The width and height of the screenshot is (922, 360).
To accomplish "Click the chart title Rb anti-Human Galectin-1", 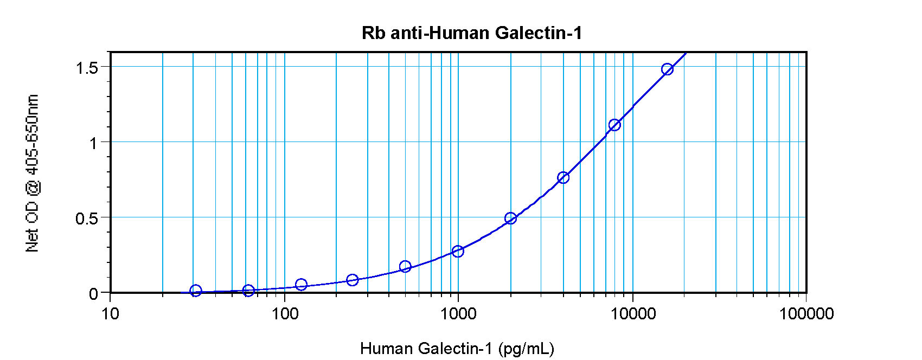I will [471, 33].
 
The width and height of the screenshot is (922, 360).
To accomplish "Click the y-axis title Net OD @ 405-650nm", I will [33, 173].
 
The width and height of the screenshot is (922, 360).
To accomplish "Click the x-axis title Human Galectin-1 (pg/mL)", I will [457, 348].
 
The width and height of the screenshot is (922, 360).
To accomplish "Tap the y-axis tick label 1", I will [93, 143].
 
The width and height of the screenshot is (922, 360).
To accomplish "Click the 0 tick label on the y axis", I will [93, 294].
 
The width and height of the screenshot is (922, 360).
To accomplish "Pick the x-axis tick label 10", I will [110, 313].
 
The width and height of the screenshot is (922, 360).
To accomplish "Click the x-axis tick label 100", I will [284, 313].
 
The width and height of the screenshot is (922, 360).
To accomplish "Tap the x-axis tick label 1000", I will [458, 313].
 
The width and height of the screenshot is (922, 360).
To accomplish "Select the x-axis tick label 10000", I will [632, 313].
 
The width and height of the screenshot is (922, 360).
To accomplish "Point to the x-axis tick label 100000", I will [806, 313].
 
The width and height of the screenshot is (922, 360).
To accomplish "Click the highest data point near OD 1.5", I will [667, 69].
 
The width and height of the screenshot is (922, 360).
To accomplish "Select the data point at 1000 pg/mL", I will [458, 251].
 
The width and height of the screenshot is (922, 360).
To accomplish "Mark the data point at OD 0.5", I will [510, 218].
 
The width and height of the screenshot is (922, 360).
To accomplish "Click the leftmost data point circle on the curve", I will [196, 291].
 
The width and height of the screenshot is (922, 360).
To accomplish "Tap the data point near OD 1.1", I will [614, 125].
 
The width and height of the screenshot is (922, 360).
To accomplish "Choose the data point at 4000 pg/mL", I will [563, 178].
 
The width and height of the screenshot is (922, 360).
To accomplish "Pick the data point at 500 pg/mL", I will [405, 266].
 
